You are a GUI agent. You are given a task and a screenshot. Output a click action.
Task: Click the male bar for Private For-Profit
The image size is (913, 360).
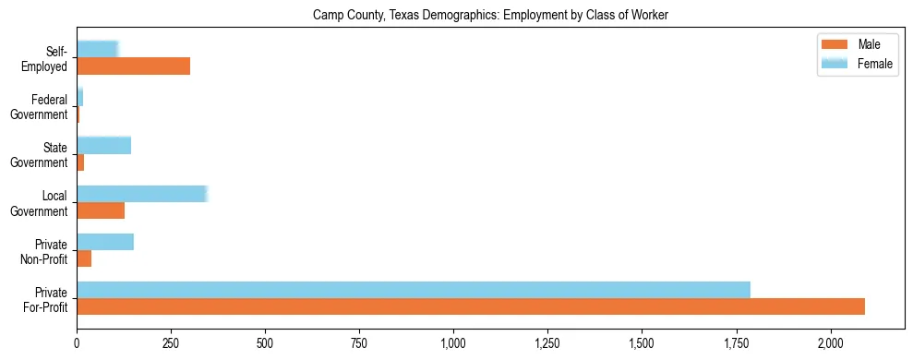[x=471, y=306]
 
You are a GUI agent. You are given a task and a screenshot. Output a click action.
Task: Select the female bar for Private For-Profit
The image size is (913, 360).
[x=414, y=290]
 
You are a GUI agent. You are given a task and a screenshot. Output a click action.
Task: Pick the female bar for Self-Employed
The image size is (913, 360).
[x=97, y=49]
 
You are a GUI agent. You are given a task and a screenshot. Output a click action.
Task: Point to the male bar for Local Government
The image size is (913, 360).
[x=101, y=210]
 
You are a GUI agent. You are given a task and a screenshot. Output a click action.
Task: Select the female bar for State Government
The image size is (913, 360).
[x=103, y=145]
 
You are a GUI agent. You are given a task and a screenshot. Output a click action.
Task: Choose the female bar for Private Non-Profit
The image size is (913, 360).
[x=105, y=242]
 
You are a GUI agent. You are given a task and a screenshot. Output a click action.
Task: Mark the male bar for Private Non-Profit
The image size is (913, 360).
[x=84, y=258]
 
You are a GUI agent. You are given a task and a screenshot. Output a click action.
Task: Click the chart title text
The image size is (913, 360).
[x=490, y=15]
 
